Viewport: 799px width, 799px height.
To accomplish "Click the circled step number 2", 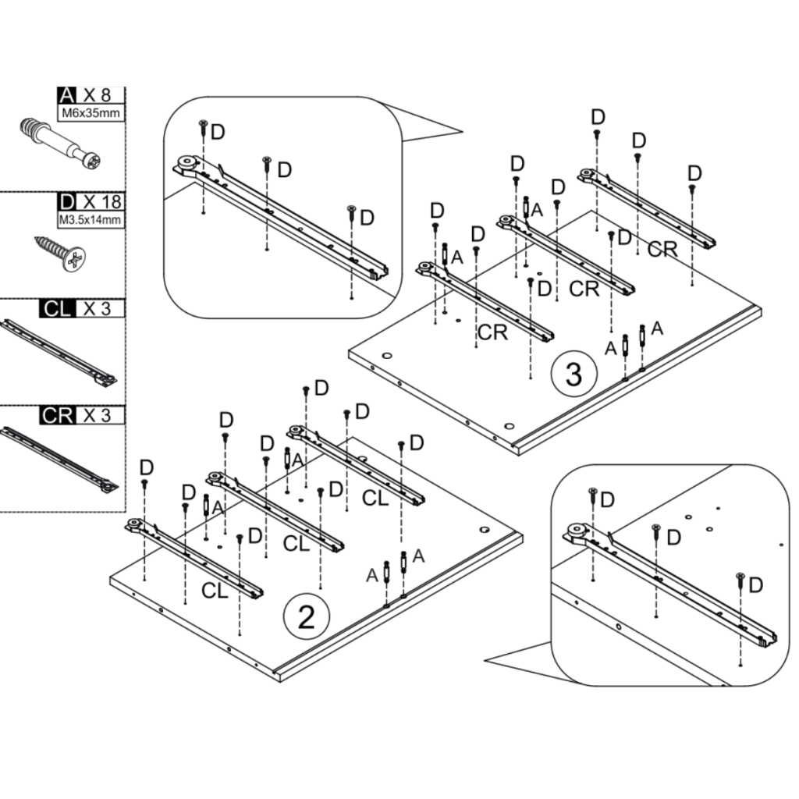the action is [x=306, y=617].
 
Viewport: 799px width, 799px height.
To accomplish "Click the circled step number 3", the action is [x=574, y=374].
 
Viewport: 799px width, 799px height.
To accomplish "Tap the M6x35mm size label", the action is [x=91, y=113].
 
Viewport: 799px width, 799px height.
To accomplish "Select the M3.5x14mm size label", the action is [x=91, y=220].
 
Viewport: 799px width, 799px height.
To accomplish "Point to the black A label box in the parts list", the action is [x=67, y=94].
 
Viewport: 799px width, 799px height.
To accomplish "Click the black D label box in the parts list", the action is [x=67, y=202].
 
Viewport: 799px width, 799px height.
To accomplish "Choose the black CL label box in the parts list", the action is [x=57, y=309].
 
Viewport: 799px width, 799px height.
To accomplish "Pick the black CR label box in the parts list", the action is [x=57, y=415].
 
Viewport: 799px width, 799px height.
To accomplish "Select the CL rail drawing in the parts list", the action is [x=59, y=352].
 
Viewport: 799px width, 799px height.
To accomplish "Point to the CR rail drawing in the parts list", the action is [x=59, y=460].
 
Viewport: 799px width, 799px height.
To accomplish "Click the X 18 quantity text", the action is [x=102, y=202].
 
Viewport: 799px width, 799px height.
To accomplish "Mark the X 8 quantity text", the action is [x=97, y=94].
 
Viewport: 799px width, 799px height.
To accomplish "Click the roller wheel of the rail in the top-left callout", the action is [x=186, y=163].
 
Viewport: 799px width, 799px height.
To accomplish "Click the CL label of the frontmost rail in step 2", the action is [x=215, y=591].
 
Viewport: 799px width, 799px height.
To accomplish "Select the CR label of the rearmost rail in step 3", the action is [x=662, y=249].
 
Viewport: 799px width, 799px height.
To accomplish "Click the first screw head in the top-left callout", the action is [x=203, y=123].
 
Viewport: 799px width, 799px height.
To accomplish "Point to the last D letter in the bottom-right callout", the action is [x=755, y=585].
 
